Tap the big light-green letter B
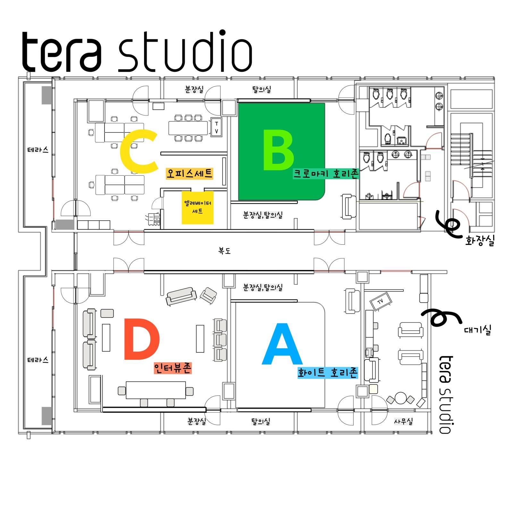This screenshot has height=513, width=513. click(278, 150)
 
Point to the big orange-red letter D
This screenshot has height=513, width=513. click(141, 339)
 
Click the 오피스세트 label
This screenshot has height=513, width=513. click(189, 173)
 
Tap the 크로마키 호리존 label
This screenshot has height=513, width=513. click(325, 174)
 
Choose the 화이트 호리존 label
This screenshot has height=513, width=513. click(327, 373)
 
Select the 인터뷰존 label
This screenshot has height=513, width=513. click(172, 368)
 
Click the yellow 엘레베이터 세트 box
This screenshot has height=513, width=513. click(197, 207)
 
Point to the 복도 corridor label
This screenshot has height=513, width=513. click(224, 251)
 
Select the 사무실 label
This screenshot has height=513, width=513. click(403, 421)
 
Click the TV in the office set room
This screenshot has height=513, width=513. click(216, 128)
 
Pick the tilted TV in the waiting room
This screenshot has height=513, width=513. click(381, 302)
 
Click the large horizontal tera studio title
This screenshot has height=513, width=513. click(137, 51)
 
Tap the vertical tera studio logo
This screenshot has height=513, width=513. click(446, 394)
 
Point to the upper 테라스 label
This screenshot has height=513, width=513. click(38, 150)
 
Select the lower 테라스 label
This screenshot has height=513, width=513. click(38, 360)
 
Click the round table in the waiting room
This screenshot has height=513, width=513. click(400, 398)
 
